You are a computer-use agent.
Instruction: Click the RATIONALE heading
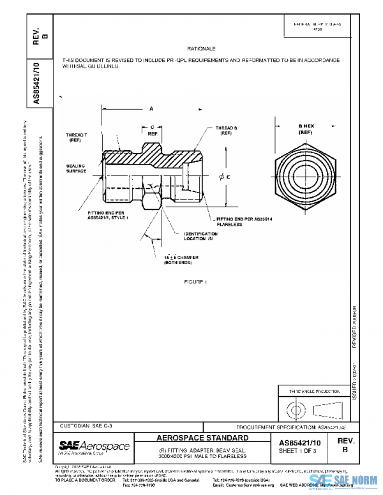[202, 48]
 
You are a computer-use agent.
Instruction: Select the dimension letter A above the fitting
[151, 109]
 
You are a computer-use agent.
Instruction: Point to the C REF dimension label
[152, 131]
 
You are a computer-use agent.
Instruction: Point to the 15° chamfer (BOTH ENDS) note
[181, 259]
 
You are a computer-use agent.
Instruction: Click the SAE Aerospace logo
[94, 445]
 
